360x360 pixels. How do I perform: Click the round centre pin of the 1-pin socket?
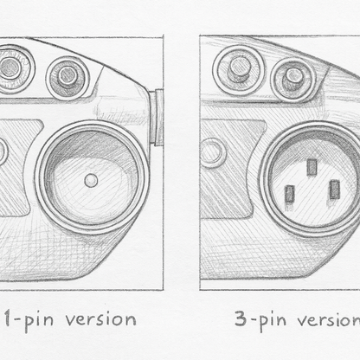(x=91, y=180)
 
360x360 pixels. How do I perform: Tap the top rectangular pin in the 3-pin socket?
(x=312, y=167)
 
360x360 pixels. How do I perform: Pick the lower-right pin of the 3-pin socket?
(x=334, y=190)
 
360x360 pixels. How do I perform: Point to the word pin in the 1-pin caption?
(x=38, y=321)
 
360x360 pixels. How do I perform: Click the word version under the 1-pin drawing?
(x=101, y=319)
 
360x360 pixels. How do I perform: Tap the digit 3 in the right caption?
(x=241, y=318)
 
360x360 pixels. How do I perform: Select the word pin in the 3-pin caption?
(x=273, y=321)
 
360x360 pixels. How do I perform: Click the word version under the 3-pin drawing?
(x=329, y=319)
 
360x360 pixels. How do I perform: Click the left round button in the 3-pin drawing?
(x=239, y=69)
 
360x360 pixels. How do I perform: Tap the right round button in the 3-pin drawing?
(x=293, y=78)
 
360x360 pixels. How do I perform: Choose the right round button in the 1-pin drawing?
(x=68, y=77)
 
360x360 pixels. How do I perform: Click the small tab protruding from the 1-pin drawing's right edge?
(x=158, y=117)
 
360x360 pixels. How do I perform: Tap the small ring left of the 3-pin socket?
(x=212, y=153)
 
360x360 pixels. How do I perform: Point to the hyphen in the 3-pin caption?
(x=253, y=320)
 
